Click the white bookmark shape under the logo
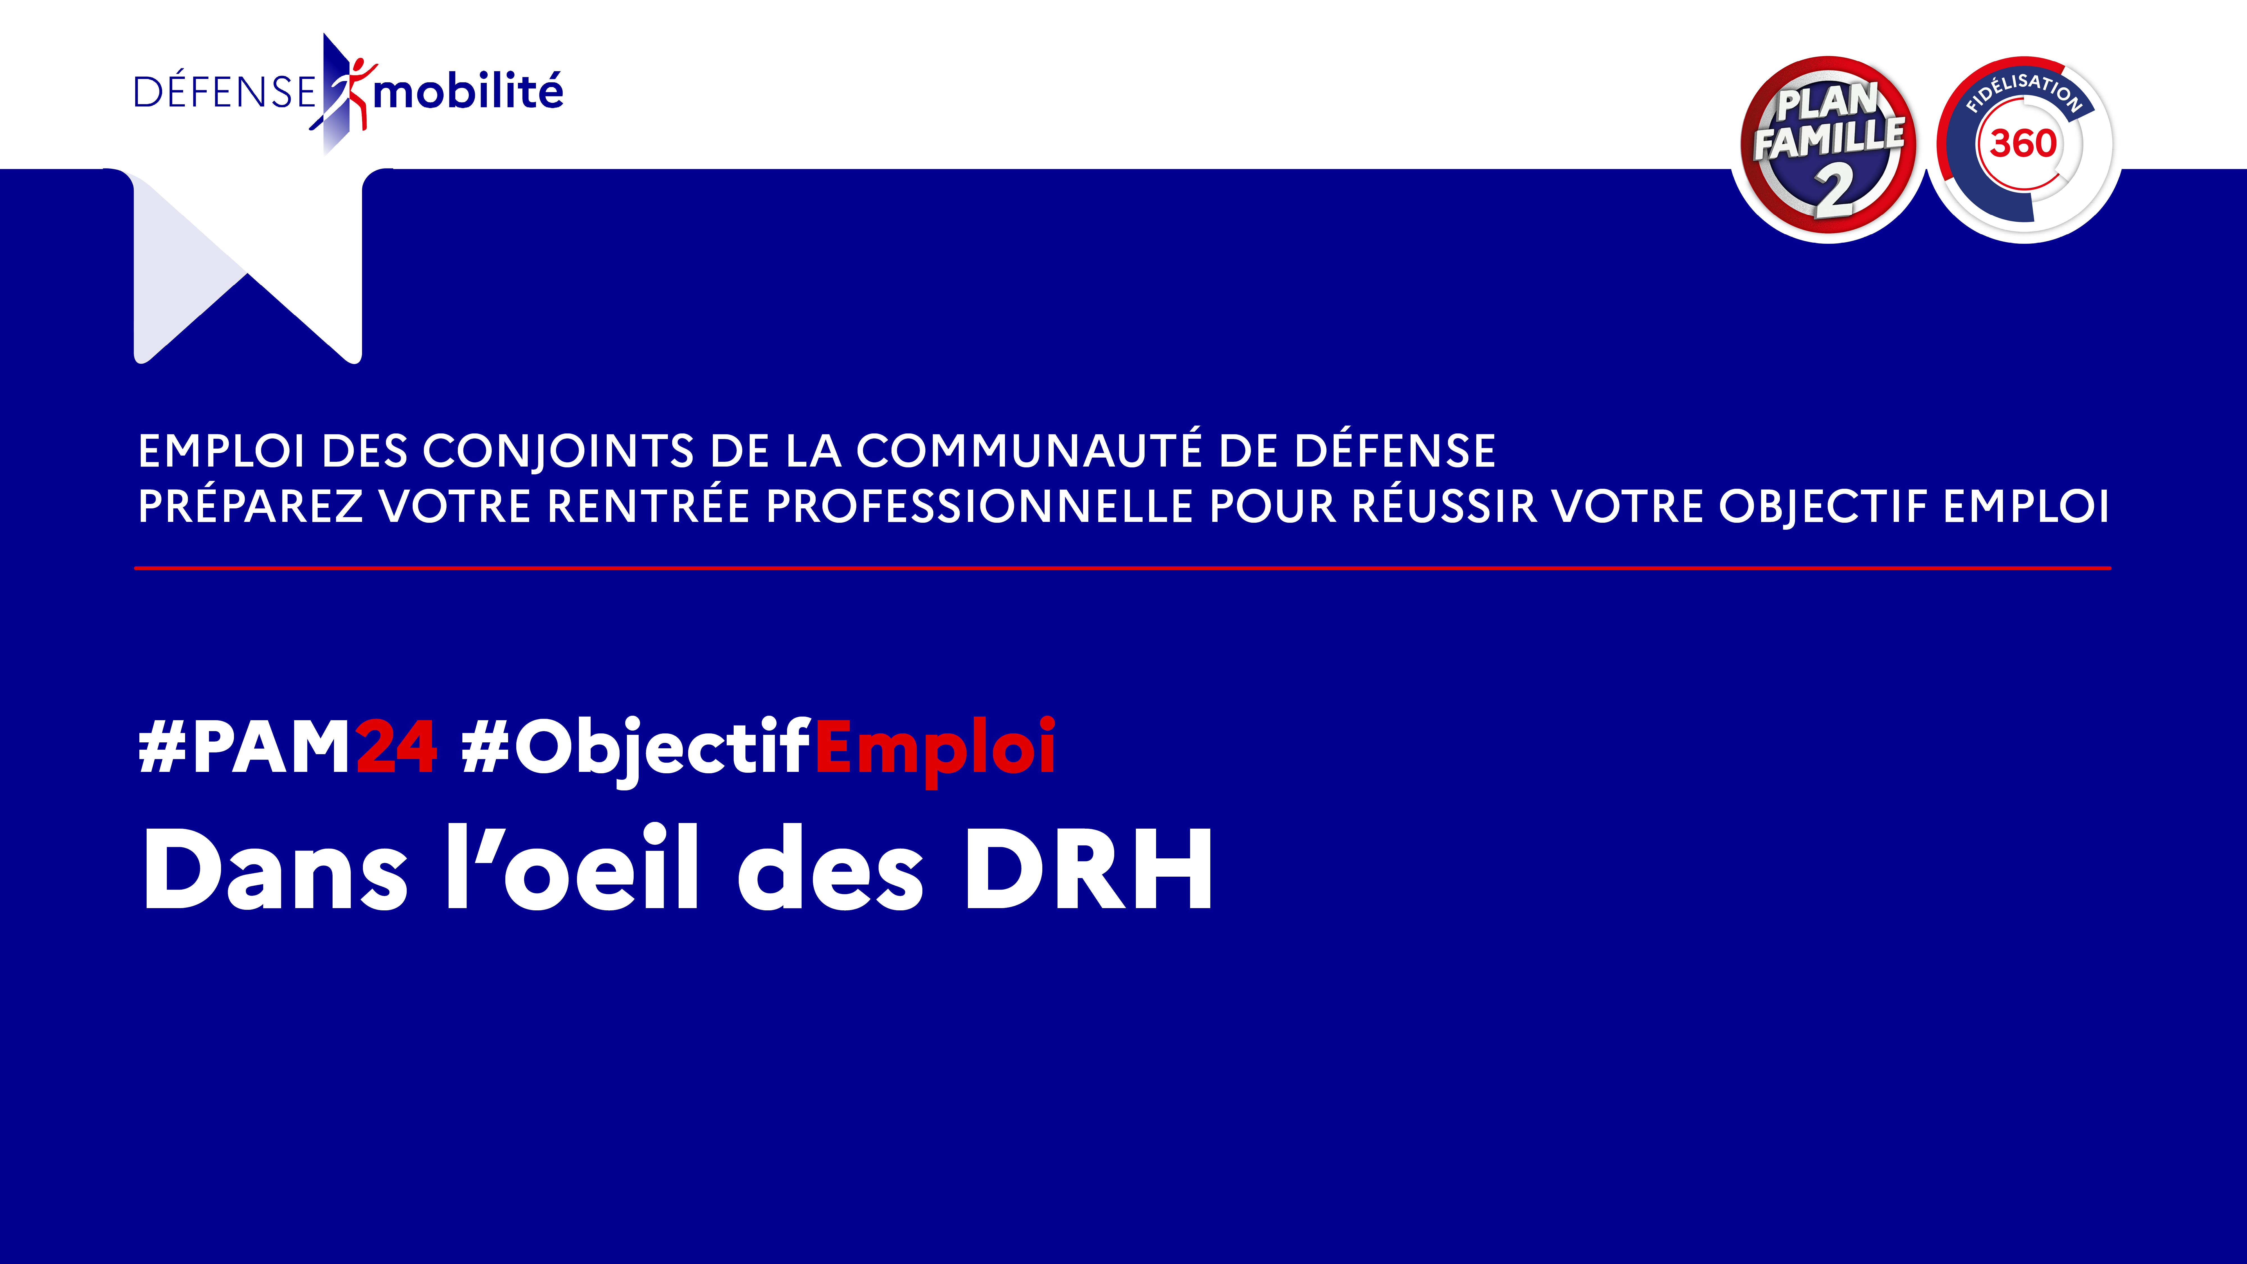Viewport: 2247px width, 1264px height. tap(248, 266)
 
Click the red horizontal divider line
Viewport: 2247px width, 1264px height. tap(1123, 568)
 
